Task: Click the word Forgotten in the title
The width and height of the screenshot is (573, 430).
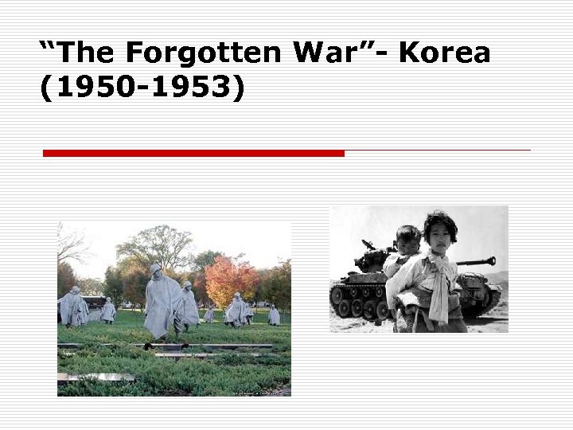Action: click(203, 53)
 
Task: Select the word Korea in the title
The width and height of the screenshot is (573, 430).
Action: click(445, 53)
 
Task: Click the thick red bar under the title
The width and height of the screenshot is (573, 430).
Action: click(193, 153)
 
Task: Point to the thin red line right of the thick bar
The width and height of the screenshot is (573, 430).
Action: click(438, 150)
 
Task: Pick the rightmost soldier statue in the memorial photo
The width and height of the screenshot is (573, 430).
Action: click(273, 315)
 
